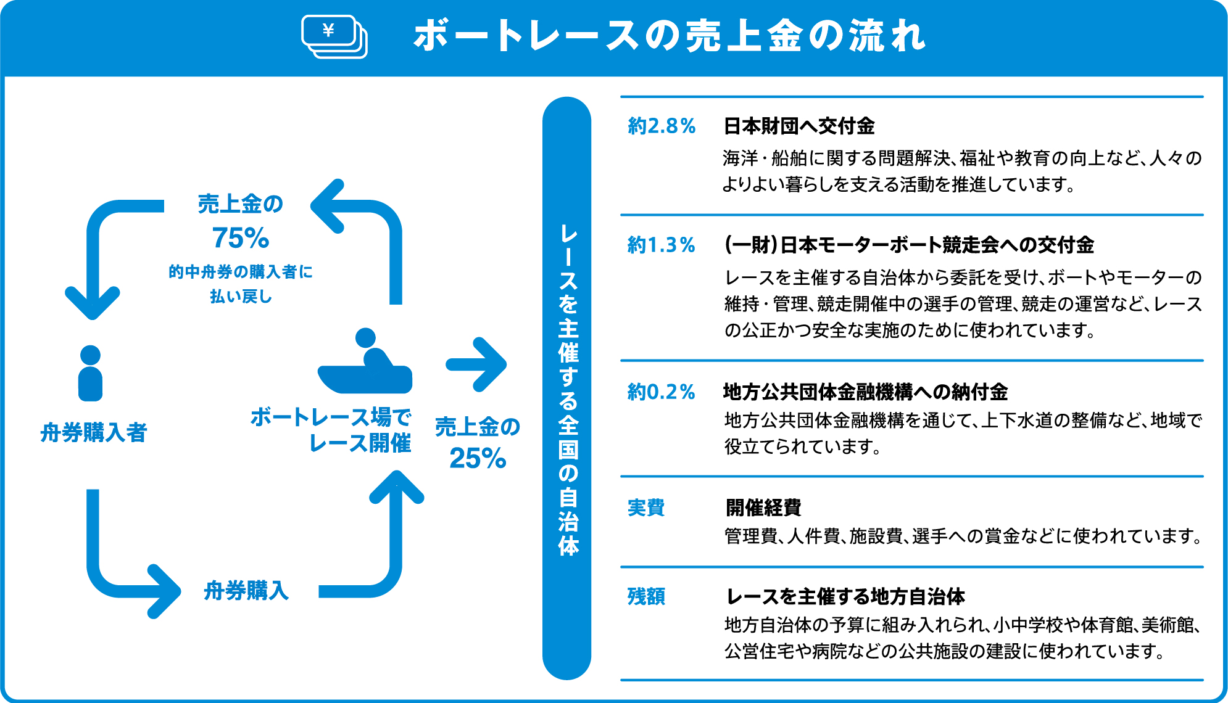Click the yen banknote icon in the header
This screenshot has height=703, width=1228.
[x=334, y=36]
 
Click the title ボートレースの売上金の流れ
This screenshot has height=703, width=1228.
[x=670, y=36]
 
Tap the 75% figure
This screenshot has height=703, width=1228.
[x=241, y=238]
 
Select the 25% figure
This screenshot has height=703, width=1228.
[x=478, y=458]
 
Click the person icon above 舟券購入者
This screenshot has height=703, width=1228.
[x=90, y=373]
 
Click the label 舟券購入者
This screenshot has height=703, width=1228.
[x=93, y=432]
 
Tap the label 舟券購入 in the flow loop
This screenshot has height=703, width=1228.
[x=246, y=590]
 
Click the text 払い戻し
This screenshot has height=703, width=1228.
[x=241, y=297]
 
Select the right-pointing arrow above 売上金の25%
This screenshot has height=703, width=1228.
[x=476, y=364]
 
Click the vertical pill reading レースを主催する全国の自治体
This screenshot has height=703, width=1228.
[x=566, y=388]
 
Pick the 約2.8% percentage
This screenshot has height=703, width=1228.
[x=662, y=126]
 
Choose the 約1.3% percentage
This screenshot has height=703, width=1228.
[x=661, y=245]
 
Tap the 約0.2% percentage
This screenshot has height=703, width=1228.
[x=661, y=392]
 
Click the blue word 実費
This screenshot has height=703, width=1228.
[x=645, y=508]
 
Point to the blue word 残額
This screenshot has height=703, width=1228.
[x=645, y=596]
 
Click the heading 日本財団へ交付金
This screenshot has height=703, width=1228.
[x=799, y=126]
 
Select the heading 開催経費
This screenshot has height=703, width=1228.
[x=763, y=508]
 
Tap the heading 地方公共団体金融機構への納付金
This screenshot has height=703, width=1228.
[x=865, y=392]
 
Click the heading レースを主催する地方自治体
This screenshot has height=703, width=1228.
[x=845, y=596]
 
